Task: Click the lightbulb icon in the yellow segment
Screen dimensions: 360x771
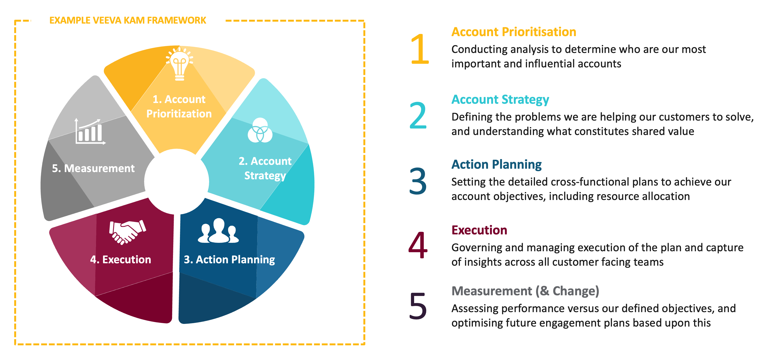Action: point(180,64)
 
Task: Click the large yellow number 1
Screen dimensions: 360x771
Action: point(420,49)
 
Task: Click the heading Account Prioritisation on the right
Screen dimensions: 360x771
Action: point(514,32)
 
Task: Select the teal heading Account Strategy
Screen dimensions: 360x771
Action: point(500,99)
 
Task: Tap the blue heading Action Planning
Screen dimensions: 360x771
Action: point(496,165)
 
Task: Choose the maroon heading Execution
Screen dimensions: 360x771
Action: point(479,230)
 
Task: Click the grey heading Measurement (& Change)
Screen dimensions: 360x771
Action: point(525,291)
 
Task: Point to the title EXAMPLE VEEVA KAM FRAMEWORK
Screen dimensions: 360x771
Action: point(128,20)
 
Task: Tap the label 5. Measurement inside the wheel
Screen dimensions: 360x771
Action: point(93,168)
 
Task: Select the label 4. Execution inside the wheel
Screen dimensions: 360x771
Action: point(121,259)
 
